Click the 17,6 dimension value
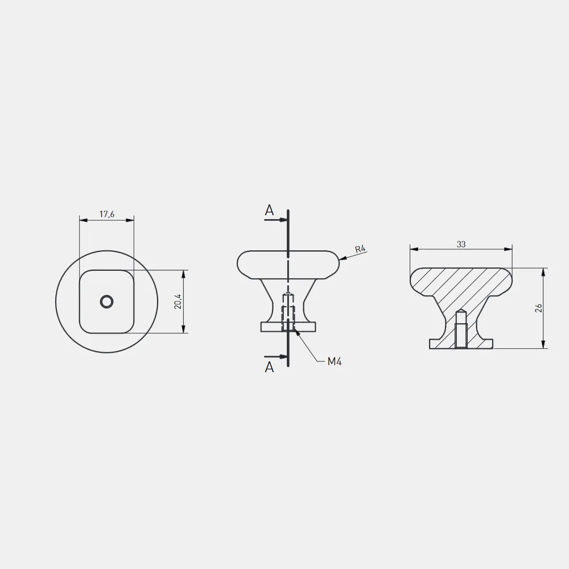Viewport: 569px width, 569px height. [107, 214]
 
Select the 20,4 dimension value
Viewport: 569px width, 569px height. [178, 302]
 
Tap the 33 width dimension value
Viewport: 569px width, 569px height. [461, 244]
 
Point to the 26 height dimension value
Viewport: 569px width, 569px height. [539, 308]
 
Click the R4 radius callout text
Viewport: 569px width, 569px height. [360, 249]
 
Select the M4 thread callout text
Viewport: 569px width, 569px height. [334, 361]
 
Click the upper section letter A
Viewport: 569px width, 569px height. [269, 210]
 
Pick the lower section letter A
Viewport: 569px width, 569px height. [269, 367]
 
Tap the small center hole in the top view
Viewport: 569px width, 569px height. [107, 302]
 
